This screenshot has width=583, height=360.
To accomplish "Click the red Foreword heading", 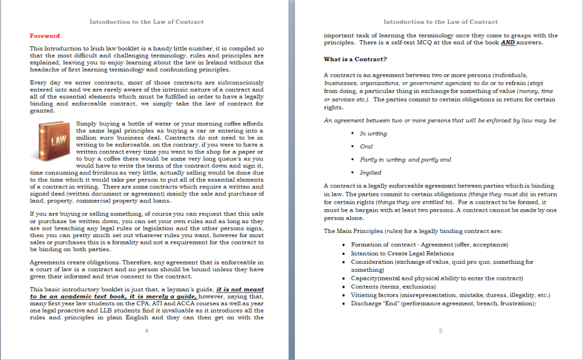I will point(45,36).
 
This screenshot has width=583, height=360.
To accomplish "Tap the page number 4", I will point(147,331).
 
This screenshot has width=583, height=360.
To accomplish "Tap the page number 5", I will point(440,331).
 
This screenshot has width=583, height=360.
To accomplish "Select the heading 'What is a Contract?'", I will point(356,59).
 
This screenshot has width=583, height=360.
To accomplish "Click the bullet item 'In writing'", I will point(373,134).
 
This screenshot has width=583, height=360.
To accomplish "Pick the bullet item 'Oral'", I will point(366,147).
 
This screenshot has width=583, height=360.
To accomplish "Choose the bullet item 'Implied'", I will point(370,173).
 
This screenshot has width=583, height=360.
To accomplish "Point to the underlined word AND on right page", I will point(508,43).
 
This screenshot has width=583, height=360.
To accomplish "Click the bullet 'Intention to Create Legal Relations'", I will point(402,254).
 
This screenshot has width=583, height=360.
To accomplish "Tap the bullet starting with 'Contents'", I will point(393,286).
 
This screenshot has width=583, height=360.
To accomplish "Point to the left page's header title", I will point(147,22).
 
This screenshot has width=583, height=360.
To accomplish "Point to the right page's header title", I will point(440,22).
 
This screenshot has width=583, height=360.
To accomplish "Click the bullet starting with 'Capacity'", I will point(436,279).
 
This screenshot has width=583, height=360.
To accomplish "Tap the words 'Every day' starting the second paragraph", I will point(43,82).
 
